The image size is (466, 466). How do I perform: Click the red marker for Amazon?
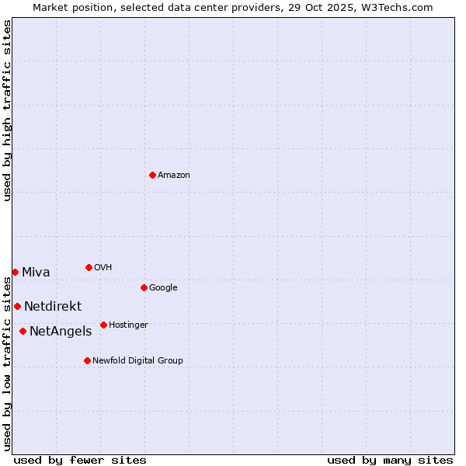pyautogui.click(x=152, y=175)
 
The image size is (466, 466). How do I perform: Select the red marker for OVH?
pyautogui.click(x=89, y=267)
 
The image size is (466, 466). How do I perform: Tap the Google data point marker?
pyautogui.click(x=144, y=287)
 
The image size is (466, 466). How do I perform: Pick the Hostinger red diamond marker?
pyautogui.click(x=103, y=325)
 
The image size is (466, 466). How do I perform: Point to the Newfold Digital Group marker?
pyautogui.click(x=87, y=360)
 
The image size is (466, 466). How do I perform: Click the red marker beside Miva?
pyautogui.click(x=15, y=272)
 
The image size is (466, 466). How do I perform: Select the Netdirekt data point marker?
pyautogui.click(x=17, y=306)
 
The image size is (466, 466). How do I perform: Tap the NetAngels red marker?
pyautogui.click(x=23, y=331)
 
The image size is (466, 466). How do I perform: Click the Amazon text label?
pyautogui.click(x=173, y=176)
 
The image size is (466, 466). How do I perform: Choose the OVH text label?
pyautogui.click(x=103, y=268)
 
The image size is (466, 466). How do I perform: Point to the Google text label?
pyautogui.click(x=163, y=288)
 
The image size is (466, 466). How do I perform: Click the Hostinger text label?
pyautogui.click(x=128, y=325)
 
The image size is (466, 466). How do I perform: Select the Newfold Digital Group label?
pyautogui.click(x=137, y=361)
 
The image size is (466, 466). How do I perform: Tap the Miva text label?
pyautogui.click(x=36, y=273)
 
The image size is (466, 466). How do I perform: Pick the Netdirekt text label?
pyautogui.click(x=52, y=307)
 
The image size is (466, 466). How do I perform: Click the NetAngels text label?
pyautogui.click(x=61, y=332)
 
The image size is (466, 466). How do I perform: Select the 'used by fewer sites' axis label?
pyautogui.click(x=80, y=460)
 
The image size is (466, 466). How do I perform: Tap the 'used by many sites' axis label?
pyautogui.click(x=390, y=460)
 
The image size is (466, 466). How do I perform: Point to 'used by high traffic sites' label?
pyautogui.click(x=8, y=110)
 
